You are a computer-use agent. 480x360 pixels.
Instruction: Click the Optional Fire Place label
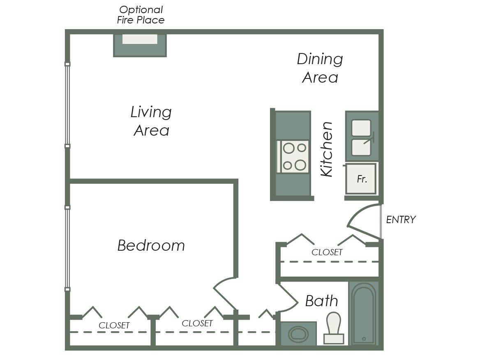pyautogui.click(x=141, y=15)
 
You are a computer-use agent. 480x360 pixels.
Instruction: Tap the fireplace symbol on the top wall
pyautogui.click(x=140, y=44)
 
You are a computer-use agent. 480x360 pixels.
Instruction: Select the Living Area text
pyautogui.click(x=151, y=121)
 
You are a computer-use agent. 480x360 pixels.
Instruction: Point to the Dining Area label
pyautogui.click(x=320, y=68)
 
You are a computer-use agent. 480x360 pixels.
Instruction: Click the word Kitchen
pyautogui.click(x=327, y=149)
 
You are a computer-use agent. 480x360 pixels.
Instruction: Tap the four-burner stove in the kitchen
pyautogui.click(x=294, y=156)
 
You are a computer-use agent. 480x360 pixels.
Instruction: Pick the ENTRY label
pyautogui.click(x=401, y=219)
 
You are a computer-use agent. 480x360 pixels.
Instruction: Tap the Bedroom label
pyautogui.click(x=151, y=245)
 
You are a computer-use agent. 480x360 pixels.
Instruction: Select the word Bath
pyautogui.click(x=321, y=301)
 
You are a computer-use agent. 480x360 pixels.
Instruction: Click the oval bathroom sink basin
pyautogui.click(x=298, y=334)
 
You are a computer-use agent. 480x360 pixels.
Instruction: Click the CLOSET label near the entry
pyautogui.click(x=327, y=252)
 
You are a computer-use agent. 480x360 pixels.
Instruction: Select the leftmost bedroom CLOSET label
pyautogui.click(x=114, y=325)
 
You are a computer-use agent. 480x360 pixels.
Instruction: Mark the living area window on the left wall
pyautogui.click(x=67, y=105)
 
